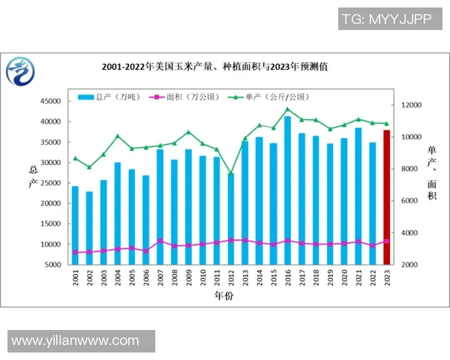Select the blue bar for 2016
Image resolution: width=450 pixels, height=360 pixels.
coord(287,190)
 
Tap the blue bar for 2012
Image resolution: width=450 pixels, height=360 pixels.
coord(230,218)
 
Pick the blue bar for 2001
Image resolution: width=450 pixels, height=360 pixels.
coord(75,225)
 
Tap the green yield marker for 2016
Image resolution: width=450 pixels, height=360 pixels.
coord(287,109)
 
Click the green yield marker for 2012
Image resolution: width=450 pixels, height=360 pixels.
coord(230,174)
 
